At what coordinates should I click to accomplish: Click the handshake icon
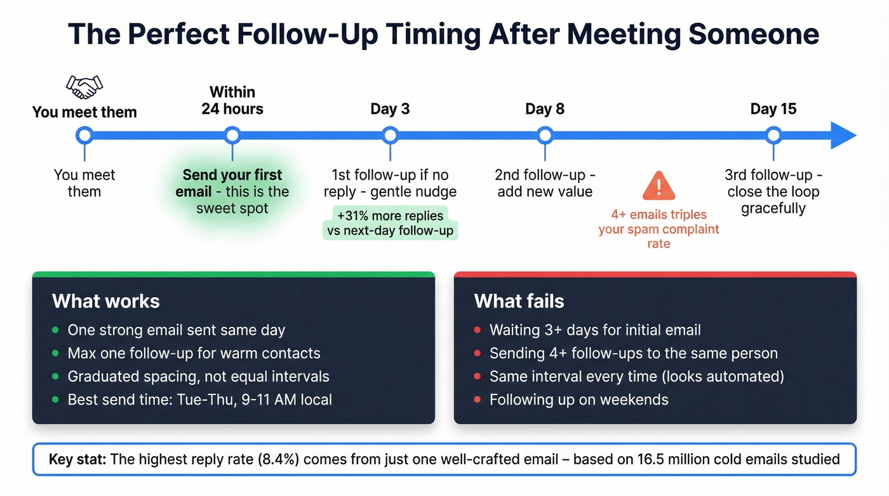84,87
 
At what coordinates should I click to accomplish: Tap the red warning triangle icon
658,185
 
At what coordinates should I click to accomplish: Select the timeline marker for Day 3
390,135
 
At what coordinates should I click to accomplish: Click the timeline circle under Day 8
545,135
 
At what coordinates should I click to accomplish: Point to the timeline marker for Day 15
773,135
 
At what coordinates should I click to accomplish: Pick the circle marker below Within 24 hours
232,135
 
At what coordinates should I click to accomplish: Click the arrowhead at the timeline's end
843,135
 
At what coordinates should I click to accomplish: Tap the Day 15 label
773,109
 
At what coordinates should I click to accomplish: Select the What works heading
105,300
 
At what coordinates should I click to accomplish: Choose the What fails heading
519,300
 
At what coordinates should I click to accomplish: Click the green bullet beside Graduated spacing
55,377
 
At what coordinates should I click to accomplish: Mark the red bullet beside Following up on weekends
477,400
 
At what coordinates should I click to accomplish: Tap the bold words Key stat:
77,459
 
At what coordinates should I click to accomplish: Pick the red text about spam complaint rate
658,229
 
